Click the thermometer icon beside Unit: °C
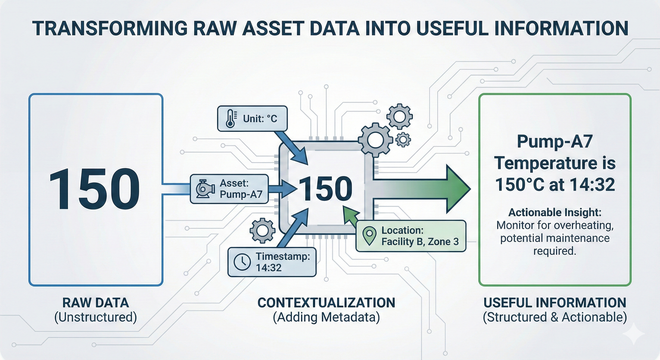point(231,118)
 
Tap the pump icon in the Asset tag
point(205,189)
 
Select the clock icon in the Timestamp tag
point(242,262)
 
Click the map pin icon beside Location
point(369,236)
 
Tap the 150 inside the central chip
point(326,189)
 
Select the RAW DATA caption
point(96,303)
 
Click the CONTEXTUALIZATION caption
point(326,303)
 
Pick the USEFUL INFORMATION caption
point(555,303)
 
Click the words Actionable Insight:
point(555,212)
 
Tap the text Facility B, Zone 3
point(420,242)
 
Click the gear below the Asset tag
point(262,231)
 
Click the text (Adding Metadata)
point(326,317)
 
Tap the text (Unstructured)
point(96,317)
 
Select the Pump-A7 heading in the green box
point(555,141)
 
